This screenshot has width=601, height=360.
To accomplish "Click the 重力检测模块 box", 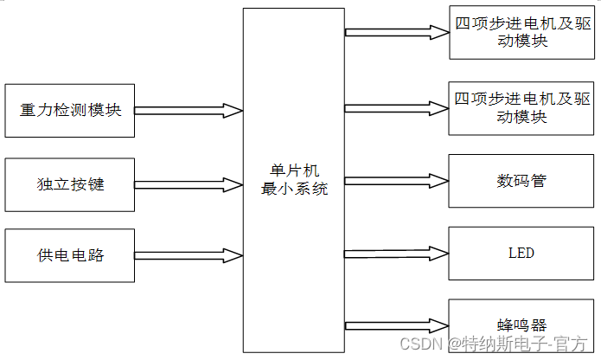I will (70, 111).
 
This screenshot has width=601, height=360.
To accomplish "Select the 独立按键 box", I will (70, 184).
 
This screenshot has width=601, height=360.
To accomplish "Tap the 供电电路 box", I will (70, 254).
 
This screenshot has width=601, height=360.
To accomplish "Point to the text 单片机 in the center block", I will (294, 171).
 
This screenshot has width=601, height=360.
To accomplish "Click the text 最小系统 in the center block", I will (294, 190).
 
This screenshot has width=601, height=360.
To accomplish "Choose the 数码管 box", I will (521, 181).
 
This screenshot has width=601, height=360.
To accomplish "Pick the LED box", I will (521, 253).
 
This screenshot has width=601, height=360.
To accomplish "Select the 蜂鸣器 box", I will (521, 325).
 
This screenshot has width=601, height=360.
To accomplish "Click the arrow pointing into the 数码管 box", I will (396, 181).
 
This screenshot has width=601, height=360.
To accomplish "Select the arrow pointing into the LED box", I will (396, 253).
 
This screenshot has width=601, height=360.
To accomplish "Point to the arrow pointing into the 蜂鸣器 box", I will (396, 325).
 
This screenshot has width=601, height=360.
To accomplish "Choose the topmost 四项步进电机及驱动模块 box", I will (521, 33).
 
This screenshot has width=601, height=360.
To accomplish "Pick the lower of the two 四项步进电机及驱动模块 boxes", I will (521, 108).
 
